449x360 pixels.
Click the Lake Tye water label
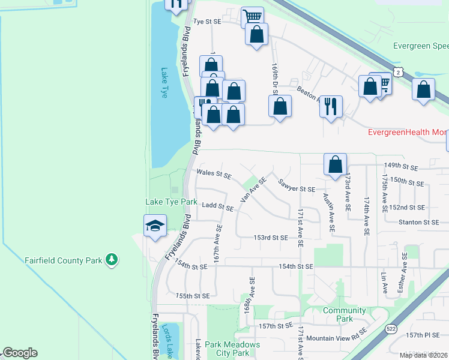point(164,83)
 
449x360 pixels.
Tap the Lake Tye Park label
point(172,202)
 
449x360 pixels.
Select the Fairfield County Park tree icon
point(111,260)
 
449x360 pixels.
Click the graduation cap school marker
point(155,226)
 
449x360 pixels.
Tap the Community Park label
point(344,314)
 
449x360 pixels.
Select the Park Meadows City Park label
point(232,349)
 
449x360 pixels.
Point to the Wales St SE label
point(214,175)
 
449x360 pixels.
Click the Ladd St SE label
point(218,207)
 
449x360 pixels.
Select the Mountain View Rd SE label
point(336,338)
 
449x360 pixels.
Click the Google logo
point(20,353)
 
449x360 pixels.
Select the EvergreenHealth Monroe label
point(408,132)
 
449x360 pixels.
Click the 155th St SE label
point(193,296)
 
